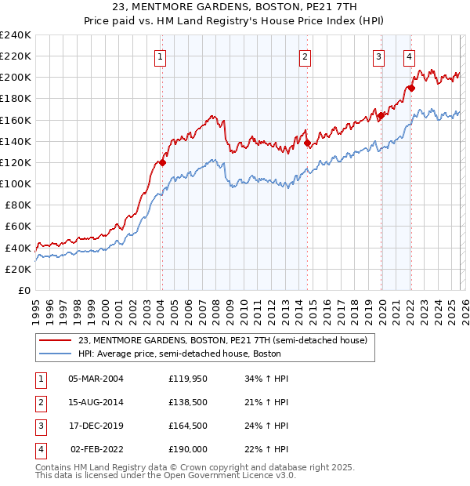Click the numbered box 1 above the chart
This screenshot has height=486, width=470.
(160, 56)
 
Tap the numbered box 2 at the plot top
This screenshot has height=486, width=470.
(304, 56)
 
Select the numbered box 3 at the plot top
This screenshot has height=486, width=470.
(378, 56)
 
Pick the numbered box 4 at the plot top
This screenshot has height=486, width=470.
(409, 56)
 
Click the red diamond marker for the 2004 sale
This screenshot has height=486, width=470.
(162, 163)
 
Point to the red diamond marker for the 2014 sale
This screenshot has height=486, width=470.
(307, 143)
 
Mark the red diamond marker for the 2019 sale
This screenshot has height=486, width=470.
(381, 116)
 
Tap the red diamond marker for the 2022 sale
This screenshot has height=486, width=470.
(410, 89)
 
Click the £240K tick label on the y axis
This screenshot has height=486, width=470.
(16, 35)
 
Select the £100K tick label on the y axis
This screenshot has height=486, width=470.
(16, 183)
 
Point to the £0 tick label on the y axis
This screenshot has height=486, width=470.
(23, 290)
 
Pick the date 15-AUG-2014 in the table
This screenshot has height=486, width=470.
(96, 402)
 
